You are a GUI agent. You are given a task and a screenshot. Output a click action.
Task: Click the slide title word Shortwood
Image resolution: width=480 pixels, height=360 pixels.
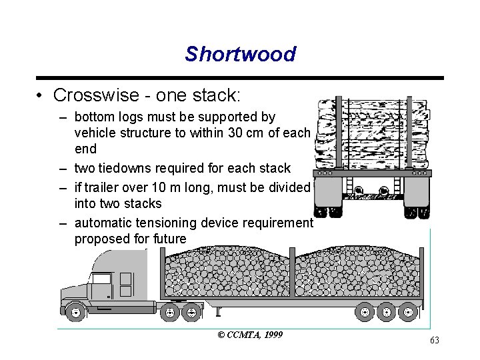240,54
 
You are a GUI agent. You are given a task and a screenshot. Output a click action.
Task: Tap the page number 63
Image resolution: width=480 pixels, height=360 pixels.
435,341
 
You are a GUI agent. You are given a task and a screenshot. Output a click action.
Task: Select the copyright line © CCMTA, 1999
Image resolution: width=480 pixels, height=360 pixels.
250,334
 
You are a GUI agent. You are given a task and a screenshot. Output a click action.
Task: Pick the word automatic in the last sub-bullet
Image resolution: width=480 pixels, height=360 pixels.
106,223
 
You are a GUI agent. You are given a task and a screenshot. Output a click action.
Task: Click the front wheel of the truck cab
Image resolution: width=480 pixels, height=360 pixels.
75,311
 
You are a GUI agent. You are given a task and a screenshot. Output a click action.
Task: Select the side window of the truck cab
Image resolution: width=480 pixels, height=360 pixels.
101,279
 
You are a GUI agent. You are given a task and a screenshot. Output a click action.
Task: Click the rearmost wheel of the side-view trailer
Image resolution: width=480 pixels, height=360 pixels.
408,311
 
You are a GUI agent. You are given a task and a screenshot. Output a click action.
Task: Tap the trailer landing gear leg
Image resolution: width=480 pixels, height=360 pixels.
217,311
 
